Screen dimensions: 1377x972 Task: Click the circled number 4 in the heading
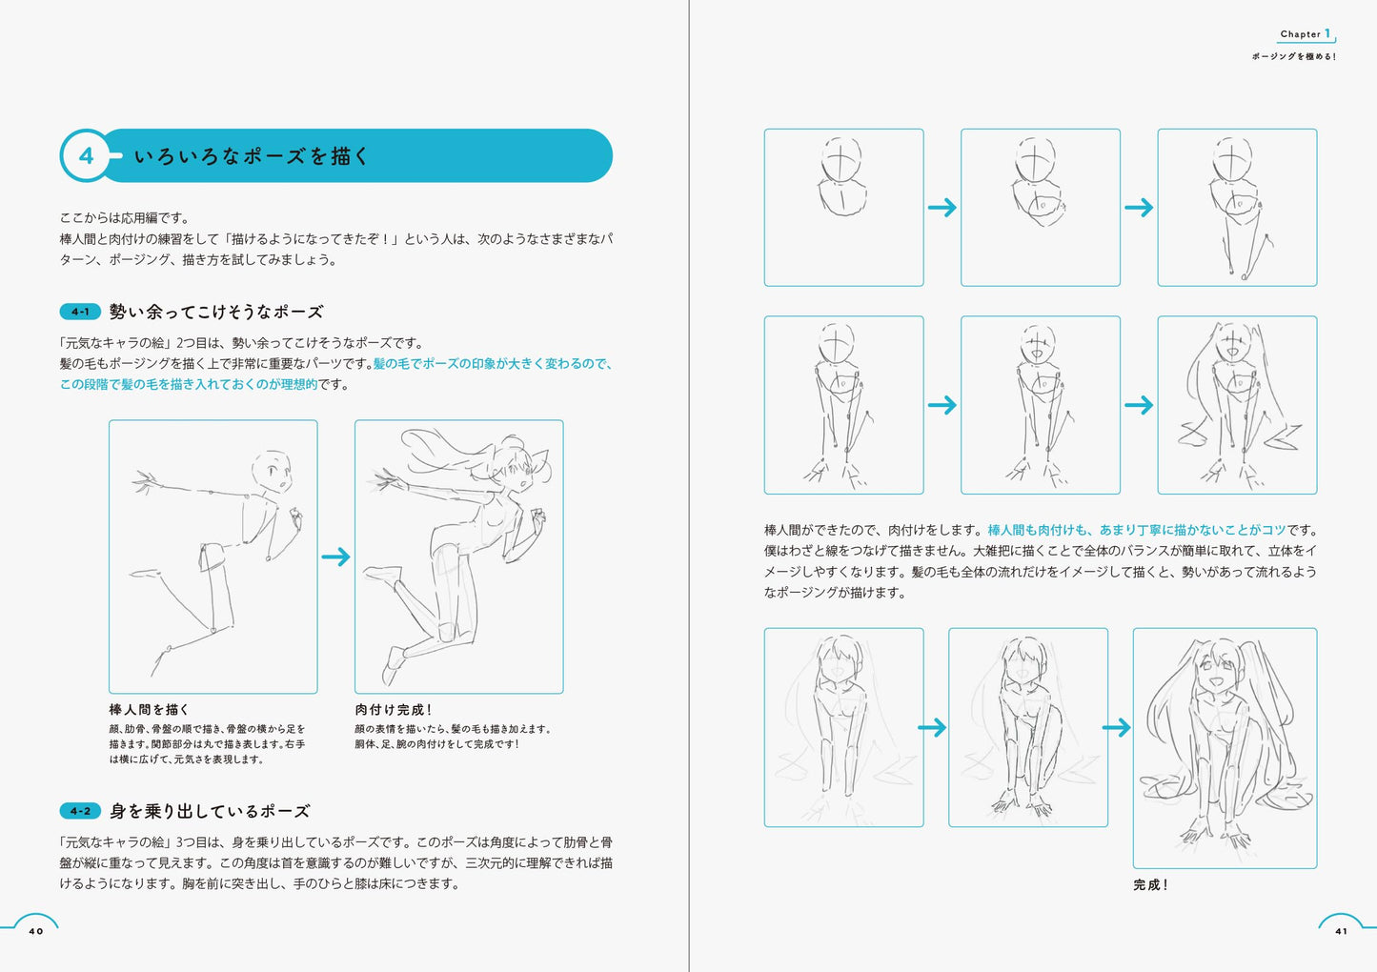point(87,155)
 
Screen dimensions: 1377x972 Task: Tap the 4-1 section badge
point(81,312)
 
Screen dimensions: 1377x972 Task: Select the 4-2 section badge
point(81,811)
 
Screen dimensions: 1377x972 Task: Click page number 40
point(36,931)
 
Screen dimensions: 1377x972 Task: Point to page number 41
point(1341,931)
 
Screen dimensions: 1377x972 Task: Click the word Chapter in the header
point(1300,34)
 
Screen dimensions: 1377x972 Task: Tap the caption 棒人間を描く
point(149,710)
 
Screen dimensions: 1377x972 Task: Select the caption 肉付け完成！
point(394,710)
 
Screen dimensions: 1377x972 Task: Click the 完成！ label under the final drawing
point(1150,884)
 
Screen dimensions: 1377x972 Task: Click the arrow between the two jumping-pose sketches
point(335,557)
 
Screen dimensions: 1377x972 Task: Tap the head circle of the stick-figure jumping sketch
point(272,472)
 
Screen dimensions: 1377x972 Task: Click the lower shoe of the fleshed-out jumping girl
point(394,662)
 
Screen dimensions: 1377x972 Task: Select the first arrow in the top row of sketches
point(942,207)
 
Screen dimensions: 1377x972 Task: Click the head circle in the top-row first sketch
point(841,159)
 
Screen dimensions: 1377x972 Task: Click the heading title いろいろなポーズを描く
point(252,156)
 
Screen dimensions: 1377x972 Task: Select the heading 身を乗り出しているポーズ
point(210,811)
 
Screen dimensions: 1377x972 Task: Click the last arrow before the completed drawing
point(1116,728)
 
